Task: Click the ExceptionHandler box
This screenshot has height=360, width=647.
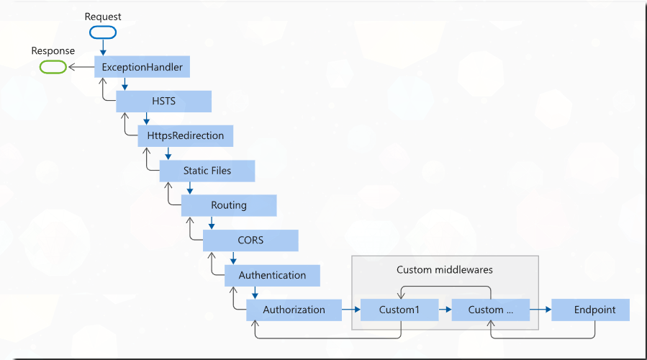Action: [x=142, y=68]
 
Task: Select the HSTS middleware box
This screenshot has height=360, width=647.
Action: [x=163, y=102]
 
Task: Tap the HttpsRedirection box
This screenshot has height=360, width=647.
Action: [x=185, y=135]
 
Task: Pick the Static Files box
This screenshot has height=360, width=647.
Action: [x=207, y=171]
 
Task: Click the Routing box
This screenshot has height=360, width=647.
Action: [x=228, y=205]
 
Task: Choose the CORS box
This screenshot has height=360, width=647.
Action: [x=250, y=240]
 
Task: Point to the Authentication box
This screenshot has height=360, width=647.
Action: [x=272, y=275]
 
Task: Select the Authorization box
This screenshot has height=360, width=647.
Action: [x=294, y=310]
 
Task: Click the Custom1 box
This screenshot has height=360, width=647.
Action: [x=399, y=310]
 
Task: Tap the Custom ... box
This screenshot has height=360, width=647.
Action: [x=490, y=310]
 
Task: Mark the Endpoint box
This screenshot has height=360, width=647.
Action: [x=594, y=310]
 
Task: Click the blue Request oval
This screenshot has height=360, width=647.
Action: [x=103, y=32]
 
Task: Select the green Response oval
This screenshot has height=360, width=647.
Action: [x=53, y=67]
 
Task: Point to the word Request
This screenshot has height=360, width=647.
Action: [x=103, y=16]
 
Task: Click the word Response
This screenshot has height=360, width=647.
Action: [x=53, y=51]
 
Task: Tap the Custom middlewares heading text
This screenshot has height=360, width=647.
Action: [x=444, y=269]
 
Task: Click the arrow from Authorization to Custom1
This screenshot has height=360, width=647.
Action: [x=350, y=310]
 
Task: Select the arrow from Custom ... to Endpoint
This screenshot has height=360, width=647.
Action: [x=540, y=310]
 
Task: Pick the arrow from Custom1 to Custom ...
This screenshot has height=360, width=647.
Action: [x=445, y=310]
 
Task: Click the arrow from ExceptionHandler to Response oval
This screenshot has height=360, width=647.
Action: [x=80, y=68]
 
